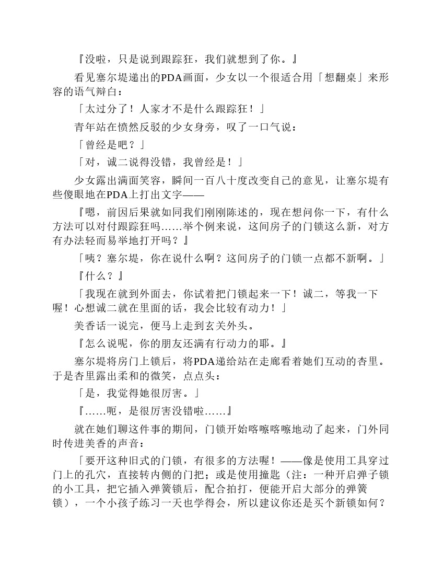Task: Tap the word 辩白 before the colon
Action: pyautogui.click(x=103, y=93)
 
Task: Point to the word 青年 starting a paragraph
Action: pyautogui.click(x=86, y=126)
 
